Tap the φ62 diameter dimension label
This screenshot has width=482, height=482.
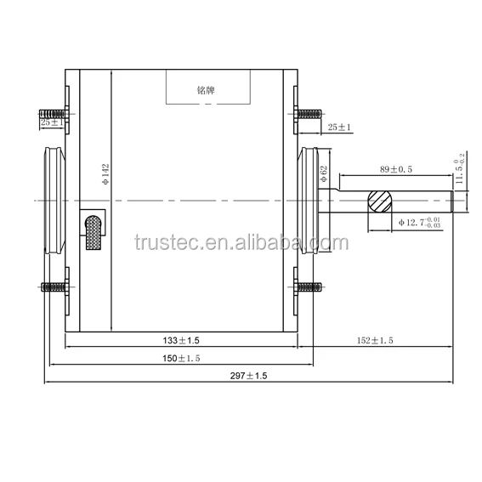(x=324, y=176)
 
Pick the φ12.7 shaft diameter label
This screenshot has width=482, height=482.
(x=420, y=222)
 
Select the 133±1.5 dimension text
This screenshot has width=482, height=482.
(x=181, y=340)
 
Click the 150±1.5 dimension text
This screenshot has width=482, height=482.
(x=181, y=359)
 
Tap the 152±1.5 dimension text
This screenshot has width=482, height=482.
(x=375, y=340)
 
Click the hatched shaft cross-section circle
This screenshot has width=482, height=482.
(x=380, y=201)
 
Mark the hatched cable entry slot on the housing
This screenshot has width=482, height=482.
(x=94, y=232)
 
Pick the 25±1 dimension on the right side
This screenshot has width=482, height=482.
(x=339, y=127)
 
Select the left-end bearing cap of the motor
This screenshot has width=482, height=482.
(x=53, y=201)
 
